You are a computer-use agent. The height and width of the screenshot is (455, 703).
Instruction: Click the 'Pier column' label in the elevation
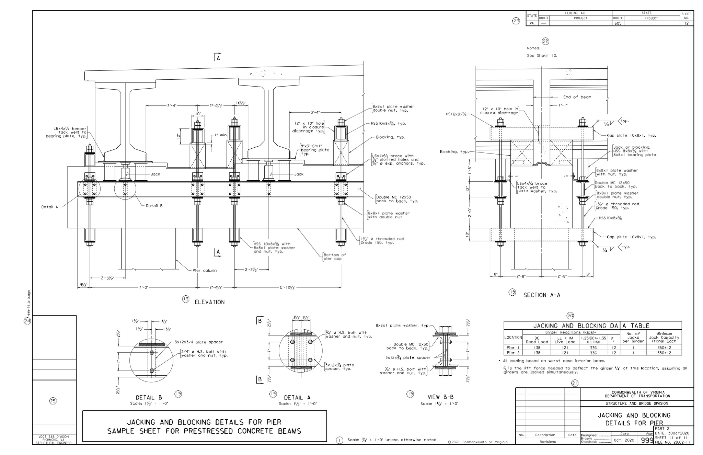205,271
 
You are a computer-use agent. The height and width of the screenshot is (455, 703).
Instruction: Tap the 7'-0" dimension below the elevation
144,287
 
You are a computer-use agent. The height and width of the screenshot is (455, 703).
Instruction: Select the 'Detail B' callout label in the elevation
154,206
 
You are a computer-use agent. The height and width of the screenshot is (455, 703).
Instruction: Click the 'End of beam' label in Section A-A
577,97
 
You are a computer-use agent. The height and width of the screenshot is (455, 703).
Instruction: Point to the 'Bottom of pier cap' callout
335,257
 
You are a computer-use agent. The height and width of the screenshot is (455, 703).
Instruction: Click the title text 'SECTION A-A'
542,295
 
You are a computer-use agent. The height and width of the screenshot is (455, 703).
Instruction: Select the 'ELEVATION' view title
209,302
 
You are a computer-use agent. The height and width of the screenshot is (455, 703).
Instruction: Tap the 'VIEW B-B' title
440,397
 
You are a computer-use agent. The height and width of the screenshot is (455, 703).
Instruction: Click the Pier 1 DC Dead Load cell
537,348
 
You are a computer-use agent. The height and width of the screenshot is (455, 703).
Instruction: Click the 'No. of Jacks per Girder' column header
633,337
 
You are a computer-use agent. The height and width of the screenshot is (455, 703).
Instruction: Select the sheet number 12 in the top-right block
686,23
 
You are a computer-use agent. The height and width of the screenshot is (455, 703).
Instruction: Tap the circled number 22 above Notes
545,42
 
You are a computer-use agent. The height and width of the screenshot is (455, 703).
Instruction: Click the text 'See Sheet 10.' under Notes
542,56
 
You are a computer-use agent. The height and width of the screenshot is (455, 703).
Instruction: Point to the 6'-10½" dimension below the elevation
288,287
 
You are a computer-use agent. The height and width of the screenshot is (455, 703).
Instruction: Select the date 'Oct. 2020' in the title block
624,440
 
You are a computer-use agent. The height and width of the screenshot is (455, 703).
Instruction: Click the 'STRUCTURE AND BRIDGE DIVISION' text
636,403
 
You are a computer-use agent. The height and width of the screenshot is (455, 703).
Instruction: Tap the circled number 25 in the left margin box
53,401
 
